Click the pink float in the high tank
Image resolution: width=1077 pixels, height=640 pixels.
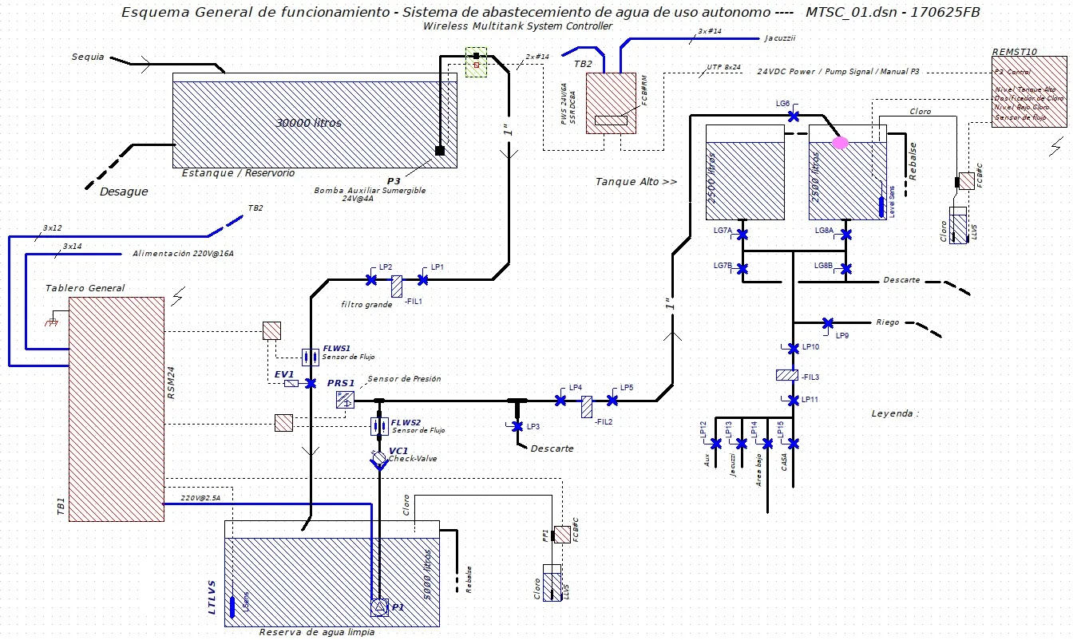(x=840, y=143)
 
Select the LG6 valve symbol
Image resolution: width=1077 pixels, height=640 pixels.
(x=794, y=117)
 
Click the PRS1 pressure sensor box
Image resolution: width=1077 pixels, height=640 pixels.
(x=345, y=400)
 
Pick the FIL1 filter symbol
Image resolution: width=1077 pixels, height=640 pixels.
(x=397, y=283)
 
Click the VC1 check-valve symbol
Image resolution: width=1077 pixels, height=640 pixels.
(x=378, y=459)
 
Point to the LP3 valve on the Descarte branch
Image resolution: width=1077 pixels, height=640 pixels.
(x=517, y=426)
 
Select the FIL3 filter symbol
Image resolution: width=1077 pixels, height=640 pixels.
(x=786, y=375)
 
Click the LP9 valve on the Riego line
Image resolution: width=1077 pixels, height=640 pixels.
(x=828, y=323)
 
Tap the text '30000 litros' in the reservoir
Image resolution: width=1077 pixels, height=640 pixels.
(x=308, y=123)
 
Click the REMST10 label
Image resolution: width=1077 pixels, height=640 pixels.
(x=1014, y=51)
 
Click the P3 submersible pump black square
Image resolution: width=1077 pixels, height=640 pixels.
(x=439, y=150)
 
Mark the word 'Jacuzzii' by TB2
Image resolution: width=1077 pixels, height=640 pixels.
(x=779, y=38)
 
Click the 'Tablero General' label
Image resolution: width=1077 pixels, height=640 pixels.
(x=85, y=288)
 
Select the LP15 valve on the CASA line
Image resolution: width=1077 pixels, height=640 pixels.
(x=794, y=443)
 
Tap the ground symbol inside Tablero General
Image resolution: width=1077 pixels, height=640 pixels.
(x=53, y=322)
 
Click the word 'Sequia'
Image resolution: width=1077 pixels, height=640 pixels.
(x=88, y=57)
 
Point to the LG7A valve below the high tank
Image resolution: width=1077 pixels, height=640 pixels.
(x=742, y=235)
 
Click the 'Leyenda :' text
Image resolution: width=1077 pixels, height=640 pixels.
(x=895, y=413)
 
